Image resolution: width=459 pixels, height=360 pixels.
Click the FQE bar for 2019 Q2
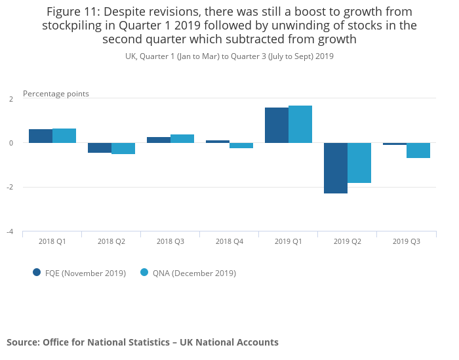tap(336, 168)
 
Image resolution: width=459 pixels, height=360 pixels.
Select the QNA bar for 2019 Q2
tap(359, 163)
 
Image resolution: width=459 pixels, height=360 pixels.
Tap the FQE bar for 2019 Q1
tap(277, 125)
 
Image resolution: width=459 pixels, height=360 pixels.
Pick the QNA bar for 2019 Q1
tap(300, 124)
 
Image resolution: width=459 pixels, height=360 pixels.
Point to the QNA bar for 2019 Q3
tap(418, 150)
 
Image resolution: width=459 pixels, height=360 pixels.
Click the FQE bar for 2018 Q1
tap(41, 136)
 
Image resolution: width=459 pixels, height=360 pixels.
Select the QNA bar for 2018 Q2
tap(123, 148)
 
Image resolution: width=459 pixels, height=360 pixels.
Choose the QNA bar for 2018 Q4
tap(241, 146)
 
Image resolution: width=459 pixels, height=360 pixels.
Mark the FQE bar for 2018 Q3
tap(159, 140)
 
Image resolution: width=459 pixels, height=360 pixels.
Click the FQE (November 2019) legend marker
tap(37, 272)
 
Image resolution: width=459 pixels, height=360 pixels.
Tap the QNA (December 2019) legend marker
tap(145, 272)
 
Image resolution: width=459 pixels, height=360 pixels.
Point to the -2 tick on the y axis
tap(10, 187)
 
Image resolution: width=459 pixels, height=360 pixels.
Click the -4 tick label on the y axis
tap(10, 231)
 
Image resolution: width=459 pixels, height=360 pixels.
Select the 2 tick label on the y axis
tap(11, 98)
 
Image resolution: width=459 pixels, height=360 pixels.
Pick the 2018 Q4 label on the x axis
tap(229, 241)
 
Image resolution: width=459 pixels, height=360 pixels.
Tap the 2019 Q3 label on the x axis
tap(407, 241)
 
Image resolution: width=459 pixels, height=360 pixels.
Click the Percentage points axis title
tap(56, 94)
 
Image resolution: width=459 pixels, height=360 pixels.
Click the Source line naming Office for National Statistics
tap(142, 342)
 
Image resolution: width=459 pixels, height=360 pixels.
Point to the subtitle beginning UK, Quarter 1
tap(229, 56)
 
